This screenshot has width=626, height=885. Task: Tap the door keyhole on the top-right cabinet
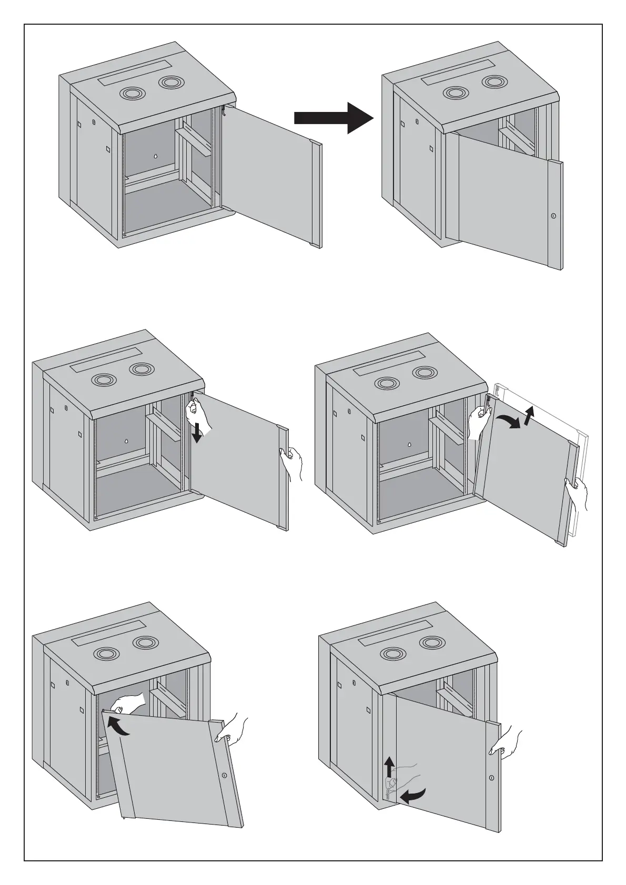(553, 215)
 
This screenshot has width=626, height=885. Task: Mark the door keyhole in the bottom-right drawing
(492, 778)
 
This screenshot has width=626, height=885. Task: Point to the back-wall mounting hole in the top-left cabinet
(156, 156)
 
